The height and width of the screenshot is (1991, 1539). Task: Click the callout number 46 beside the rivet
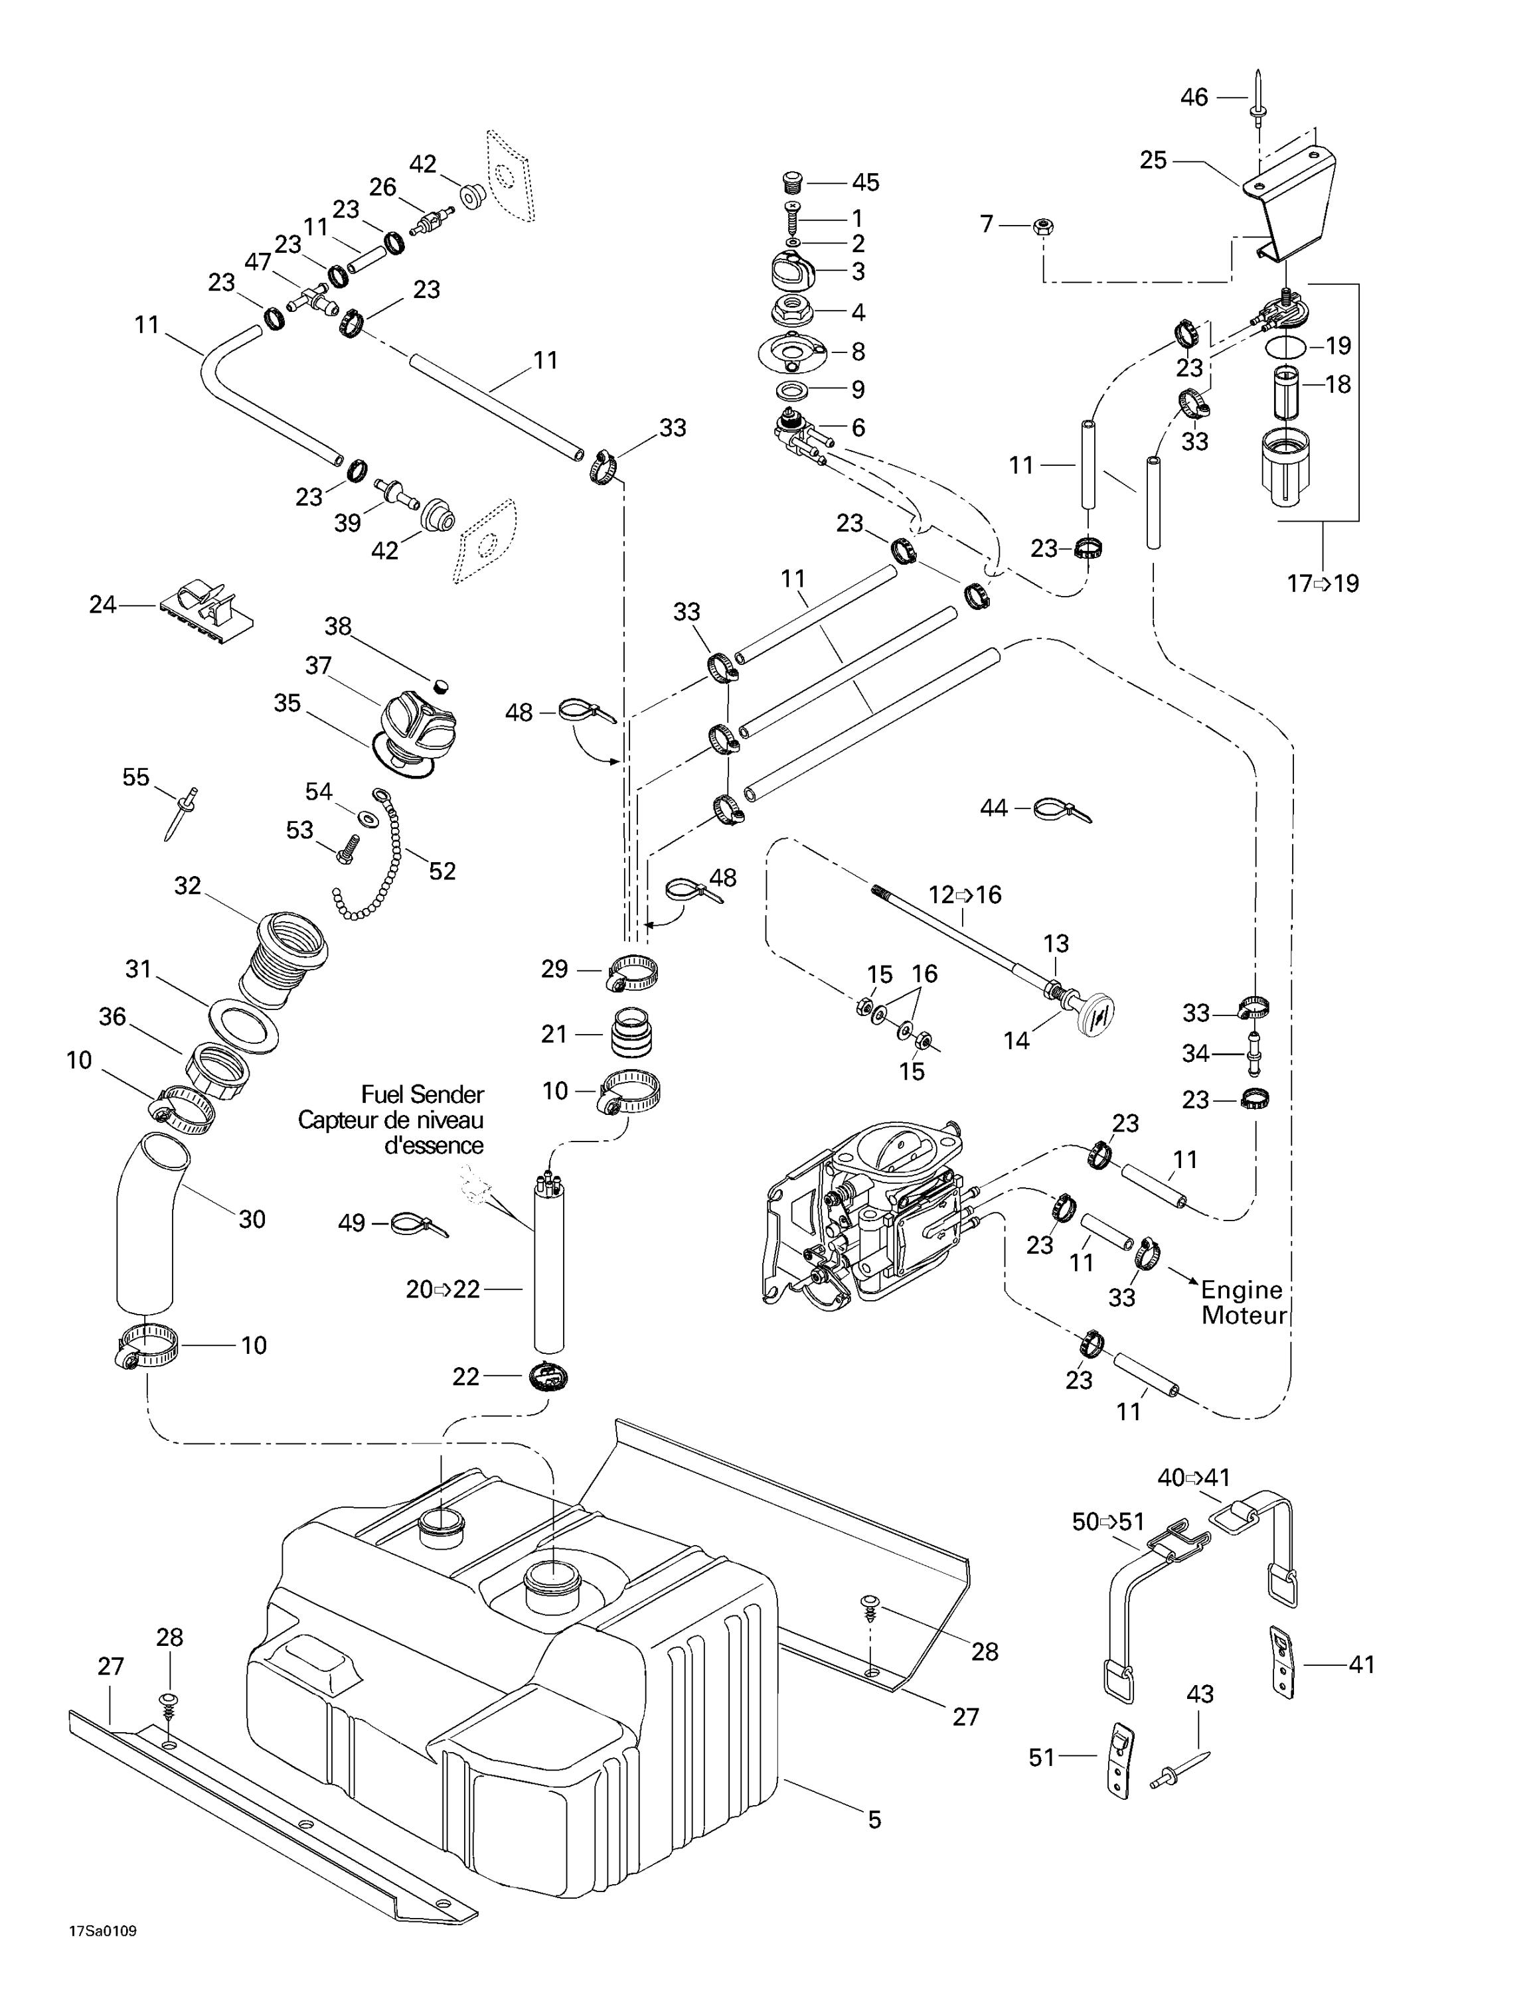[x=1194, y=97]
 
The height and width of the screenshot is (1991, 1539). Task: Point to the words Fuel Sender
[x=422, y=1094]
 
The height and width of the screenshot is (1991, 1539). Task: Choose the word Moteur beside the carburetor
[x=1244, y=1315]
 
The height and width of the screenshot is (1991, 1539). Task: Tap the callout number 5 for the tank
[x=874, y=1820]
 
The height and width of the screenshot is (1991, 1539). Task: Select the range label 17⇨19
[x=1322, y=583]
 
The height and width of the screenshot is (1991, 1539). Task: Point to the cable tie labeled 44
[x=1058, y=808]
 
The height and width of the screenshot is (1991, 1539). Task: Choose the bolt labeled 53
[x=347, y=852]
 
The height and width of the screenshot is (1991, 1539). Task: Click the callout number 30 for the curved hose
[x=252, y=1219]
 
